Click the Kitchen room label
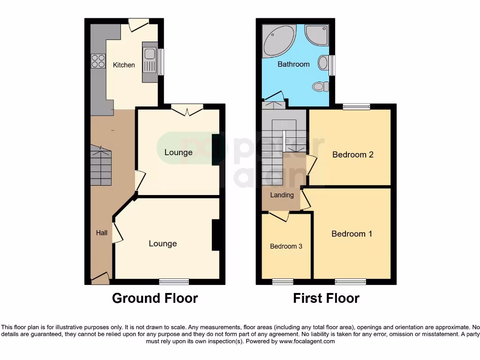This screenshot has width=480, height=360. click(124, 65)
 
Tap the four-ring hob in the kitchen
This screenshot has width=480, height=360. click(98, 61)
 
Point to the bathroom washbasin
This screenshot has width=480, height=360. click(322, 63)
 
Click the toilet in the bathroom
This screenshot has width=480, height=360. click(320, 86)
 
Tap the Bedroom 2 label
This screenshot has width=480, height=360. click(352, 155)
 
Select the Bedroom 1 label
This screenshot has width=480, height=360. click(352, 234)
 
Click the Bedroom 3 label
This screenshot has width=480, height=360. click(286, 247)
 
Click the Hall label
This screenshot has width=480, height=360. click(101, 233)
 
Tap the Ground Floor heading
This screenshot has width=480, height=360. click(155, 298)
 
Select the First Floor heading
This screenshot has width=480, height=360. click(326, 298)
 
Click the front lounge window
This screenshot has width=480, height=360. click(174, 282)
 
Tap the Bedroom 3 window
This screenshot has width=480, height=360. click(283, 282)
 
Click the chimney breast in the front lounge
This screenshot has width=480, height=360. click(216, 235)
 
